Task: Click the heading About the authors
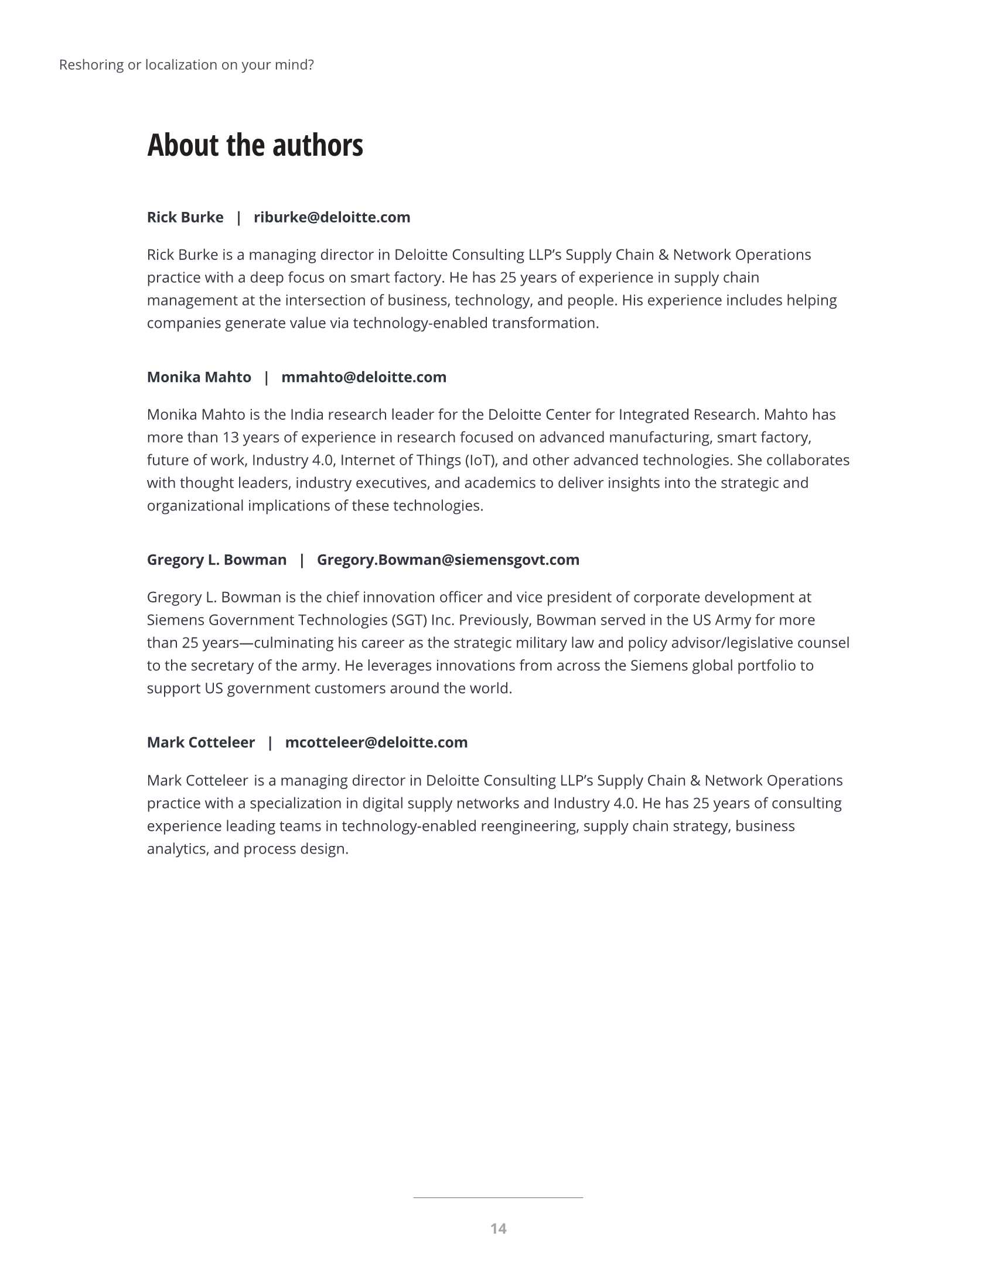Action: (x=255, y=145)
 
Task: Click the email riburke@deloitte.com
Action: (x=332, y=218)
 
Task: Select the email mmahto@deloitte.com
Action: (x=363, y=378)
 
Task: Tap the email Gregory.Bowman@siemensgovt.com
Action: (x=448, y=560)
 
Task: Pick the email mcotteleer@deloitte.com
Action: (x=376, y=742)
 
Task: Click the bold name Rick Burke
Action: (x=185, y=218)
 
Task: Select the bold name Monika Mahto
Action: (x=199, y=378)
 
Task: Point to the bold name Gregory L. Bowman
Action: (x=217, y=560)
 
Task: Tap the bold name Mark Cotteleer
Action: (x=200, y=742)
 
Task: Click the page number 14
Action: (x=498, y=1228)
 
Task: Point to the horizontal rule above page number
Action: (x=498, y=1197)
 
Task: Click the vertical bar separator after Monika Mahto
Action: (x=266, y=378)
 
